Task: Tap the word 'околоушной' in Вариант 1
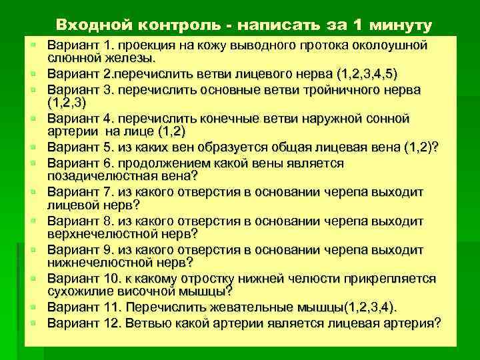393,45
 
